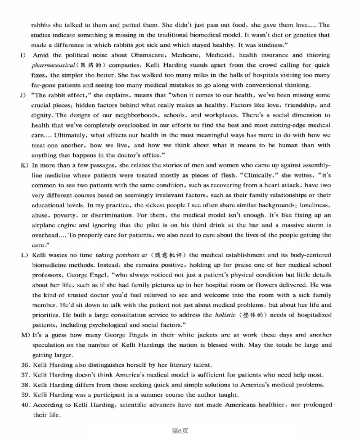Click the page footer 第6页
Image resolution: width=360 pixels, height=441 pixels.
[180, 431]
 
